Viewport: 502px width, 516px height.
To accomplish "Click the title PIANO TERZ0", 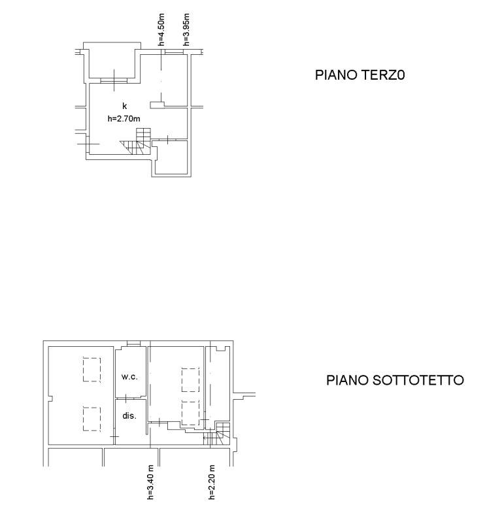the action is [360, 75].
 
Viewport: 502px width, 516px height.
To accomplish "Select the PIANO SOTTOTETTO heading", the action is [395, 380].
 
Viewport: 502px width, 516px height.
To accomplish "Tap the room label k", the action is [124, 106].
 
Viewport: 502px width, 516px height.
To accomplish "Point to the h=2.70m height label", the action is [124, 118].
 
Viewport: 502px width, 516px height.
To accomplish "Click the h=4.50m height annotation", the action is [161, 29].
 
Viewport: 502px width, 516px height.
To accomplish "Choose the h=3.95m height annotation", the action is [186, 29].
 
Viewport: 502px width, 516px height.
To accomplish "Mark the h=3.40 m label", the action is [150, 482].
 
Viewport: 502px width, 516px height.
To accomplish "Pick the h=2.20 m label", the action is [212, 482].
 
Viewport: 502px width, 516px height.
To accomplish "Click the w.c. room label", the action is [129, 377].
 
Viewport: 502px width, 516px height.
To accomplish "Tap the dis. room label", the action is [129, 415].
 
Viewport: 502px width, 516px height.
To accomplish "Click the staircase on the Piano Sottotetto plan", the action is [217, 434].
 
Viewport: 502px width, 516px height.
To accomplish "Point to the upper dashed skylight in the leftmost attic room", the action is [92, 370].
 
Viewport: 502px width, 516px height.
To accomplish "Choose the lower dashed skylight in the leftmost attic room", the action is [92, 419].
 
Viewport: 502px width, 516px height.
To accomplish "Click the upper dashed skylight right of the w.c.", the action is [190, 379].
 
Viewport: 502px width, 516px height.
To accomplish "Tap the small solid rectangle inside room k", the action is [157, 105].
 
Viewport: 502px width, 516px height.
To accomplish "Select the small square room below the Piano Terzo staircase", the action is [171, 157].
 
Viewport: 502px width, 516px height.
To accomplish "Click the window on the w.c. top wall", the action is [134, 343].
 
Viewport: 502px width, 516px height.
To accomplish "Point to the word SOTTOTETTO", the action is [418, 380].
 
